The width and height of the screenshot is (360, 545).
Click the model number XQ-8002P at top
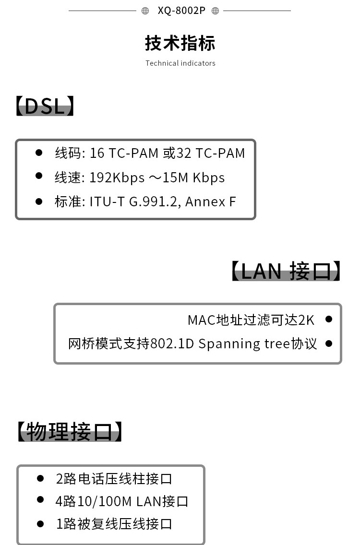pos(181,11)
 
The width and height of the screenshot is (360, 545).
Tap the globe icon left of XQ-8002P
pos(145,11)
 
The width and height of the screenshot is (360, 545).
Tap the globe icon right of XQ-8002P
pos(216,11)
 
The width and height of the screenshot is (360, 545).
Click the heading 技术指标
pos(180,44)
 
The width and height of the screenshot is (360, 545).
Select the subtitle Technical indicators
pos(180,63)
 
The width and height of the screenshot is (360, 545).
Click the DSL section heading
pos(45,106)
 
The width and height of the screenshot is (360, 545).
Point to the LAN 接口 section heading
pos(286,271)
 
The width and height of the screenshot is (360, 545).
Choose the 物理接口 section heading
pos(70,431)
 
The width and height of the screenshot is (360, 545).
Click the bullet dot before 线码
pos(39,152)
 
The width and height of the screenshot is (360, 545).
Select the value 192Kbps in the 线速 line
pos(117,178)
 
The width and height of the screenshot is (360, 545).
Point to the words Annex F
pos(210,201)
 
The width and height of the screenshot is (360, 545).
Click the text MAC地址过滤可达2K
pos(251,320)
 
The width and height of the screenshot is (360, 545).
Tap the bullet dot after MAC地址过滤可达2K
pos(329,319)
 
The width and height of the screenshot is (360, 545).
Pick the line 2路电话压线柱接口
pos(114,479)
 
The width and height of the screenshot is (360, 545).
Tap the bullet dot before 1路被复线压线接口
pos(40,523)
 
